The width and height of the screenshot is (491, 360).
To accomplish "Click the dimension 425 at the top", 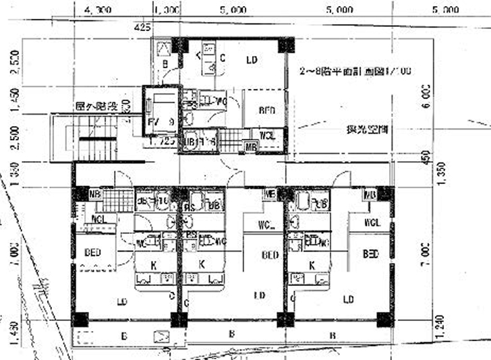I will click(x=142, y=28).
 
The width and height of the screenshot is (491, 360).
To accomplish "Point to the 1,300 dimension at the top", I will click(x=167, y=11).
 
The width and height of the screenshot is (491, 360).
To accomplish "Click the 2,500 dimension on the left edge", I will click(x=7, y=137).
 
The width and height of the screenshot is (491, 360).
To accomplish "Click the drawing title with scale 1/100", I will click(x=355, y=70).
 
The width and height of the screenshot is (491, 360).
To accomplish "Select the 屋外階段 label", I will click(x=96, y=106).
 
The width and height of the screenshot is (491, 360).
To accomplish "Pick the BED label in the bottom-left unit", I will click(x=94, y=253).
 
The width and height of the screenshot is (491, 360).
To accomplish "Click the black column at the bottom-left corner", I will click(x=80, y=319).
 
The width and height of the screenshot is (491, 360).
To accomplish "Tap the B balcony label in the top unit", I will click(x=165, y=64).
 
